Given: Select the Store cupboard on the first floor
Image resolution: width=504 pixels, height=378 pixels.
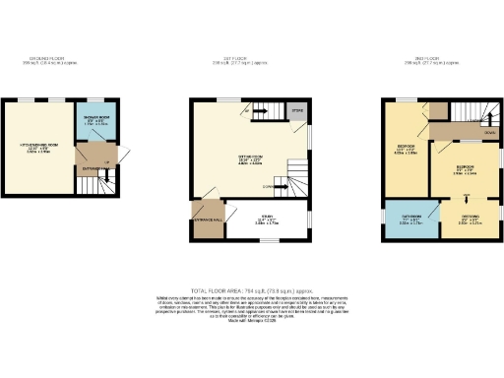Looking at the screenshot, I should coord(298,113).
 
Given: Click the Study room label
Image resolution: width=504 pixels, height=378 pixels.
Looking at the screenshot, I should coord(267,220).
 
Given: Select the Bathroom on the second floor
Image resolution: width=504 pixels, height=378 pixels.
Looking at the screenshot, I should coord(404,221).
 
